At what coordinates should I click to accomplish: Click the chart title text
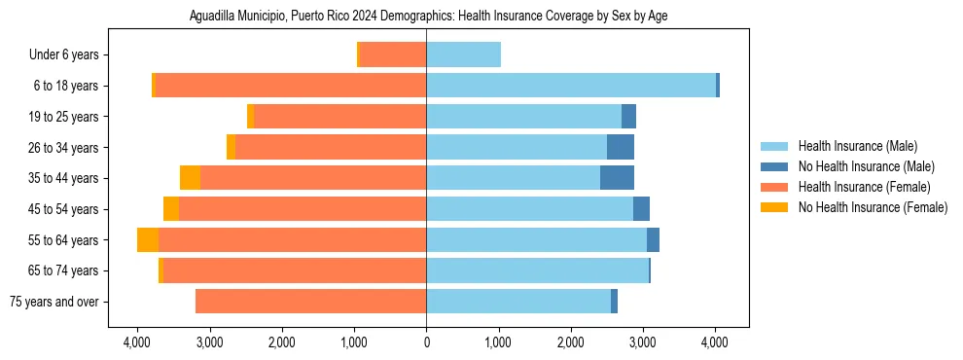click(427, 17)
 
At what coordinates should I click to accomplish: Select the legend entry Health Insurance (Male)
click(857, 147)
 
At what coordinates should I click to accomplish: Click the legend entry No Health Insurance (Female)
click(873, 207)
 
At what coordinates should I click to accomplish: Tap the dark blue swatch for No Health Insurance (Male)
click(774, 167)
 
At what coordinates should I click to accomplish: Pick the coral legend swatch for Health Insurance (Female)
click(774, 187)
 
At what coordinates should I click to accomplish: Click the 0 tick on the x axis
click(426, 342)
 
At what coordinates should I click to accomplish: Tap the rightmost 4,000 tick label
click(715, 342)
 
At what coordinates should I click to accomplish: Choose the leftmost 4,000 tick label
click(137, 342)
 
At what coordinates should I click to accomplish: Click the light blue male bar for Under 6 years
click(463, 55)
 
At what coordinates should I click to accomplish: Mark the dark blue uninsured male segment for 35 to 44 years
click(617, 178)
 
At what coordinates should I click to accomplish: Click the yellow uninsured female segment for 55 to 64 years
click(148, 240)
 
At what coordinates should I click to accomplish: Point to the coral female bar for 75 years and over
click(310, 302)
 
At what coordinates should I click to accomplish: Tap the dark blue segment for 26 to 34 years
click(621, 147)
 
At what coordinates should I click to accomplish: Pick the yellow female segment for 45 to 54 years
click(171, 209)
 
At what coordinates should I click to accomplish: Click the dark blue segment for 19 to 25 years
click(628, 117)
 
